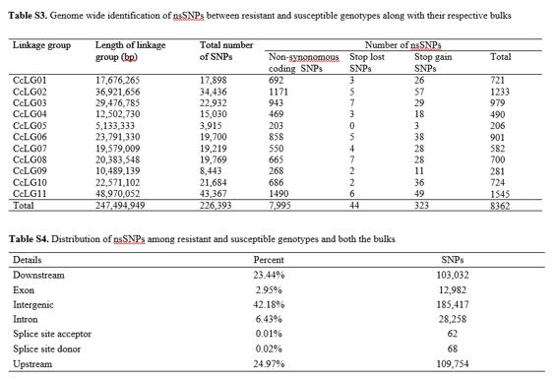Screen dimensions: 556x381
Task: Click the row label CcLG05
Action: coord(30,126)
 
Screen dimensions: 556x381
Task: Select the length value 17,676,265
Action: coord(118,80)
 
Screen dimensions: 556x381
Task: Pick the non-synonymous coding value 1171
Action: coord(278,92)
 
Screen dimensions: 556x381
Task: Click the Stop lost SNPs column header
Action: coord(367,62)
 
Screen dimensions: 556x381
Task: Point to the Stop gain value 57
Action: coord(419,92)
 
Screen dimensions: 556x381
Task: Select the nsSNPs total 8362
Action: coord(500,206)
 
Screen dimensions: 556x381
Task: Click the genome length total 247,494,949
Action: coord(120,206)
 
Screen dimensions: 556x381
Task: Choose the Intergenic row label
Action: coord(33,305)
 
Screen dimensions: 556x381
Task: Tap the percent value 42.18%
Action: coord(269,305)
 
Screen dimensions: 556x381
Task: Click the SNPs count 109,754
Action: coord(453,364)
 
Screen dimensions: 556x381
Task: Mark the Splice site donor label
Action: coord(47,349)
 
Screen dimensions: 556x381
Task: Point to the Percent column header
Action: coord(269,260)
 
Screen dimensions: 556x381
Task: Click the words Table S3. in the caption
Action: coord(28,16)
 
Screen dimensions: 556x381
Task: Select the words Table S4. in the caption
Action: coord(29,239)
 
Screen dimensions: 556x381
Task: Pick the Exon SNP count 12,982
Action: coord(453,290)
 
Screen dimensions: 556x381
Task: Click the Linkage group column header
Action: coord(42,45)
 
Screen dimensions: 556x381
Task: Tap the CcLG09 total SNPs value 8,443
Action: coord(211,171)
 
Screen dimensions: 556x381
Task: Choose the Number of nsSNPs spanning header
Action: coord(403,45)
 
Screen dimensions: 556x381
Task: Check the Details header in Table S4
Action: coord(27,260)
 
